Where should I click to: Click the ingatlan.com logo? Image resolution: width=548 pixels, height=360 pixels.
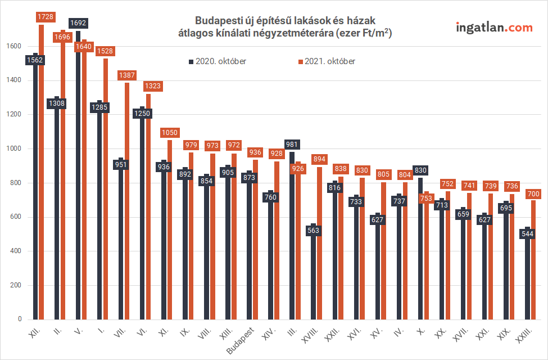click(493, 27)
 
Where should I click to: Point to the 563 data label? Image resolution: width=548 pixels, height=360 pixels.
click(313, 229)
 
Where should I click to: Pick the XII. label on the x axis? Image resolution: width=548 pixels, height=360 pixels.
click(34, 333)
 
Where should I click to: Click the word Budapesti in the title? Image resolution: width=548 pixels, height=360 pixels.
click(214, 21)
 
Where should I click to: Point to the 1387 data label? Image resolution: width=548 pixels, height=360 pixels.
click(126, 75)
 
